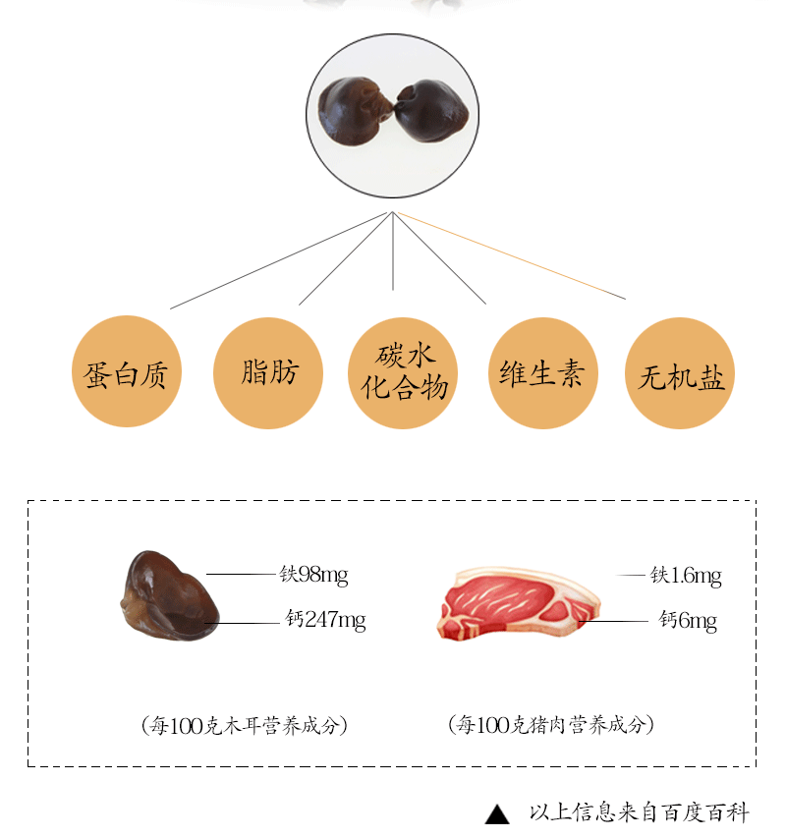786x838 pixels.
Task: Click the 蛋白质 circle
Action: (x=127, y=371)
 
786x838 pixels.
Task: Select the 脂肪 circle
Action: (x=268, y=371)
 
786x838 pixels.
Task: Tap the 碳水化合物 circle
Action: (x=404, y=372)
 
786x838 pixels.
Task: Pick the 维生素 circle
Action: (x=543, y=372)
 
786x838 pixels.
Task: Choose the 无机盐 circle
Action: (x=681, y=373)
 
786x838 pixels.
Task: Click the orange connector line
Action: (x=511, y=256)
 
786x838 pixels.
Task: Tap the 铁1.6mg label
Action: (x=686, y=576)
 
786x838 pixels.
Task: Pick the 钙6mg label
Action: (x=688, y=620)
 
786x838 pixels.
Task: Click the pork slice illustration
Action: (x=517, y=601)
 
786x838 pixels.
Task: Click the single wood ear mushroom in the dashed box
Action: (x=167, y=596)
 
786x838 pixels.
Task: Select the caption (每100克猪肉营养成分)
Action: (x=550, y=725)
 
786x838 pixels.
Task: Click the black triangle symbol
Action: (x=498, y=814)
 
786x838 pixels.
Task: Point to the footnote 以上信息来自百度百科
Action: (x=639, y=812)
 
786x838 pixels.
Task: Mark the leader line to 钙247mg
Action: (x=244, y=623)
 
